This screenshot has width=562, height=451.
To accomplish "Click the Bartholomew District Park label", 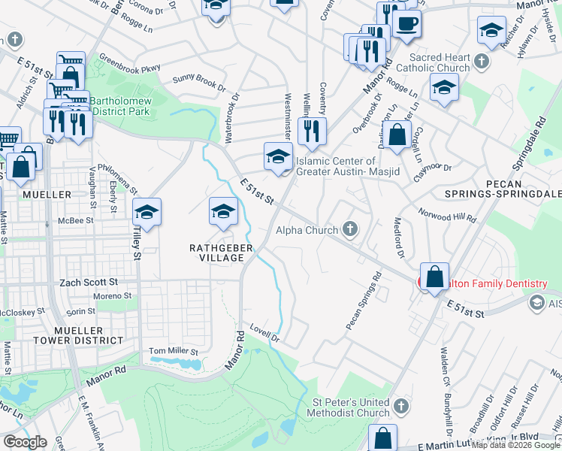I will click(x=119, y=106).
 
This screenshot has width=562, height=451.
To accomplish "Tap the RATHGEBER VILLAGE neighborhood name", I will click(x=216, y=251).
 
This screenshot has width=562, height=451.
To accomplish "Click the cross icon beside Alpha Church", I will click(x=349, y=229).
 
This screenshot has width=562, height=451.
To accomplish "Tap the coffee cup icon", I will click(x=406, y=24).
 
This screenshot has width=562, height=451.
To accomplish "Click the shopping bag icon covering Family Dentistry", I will click(x=435, y=277).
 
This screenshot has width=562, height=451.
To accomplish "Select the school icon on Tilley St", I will click(x=147, y=213).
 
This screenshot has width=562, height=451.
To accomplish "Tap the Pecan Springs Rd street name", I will click(x=364, y=301).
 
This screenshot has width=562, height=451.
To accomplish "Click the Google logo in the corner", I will click(x=25, y=442).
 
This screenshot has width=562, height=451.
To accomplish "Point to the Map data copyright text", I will click(x=515, y=445).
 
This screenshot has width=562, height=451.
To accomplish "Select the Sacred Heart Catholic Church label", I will click(x=440, y=62).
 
